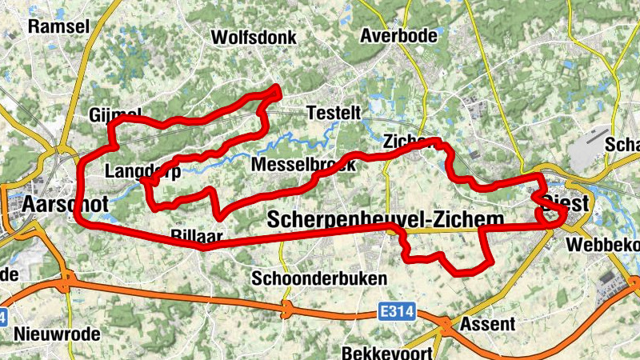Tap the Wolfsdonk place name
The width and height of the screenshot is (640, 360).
point(254,38)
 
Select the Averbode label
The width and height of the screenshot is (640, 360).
point(399,36)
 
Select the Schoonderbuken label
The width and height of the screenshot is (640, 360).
point(319,278)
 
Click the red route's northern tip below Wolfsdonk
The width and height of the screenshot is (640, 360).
point(277,90)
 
